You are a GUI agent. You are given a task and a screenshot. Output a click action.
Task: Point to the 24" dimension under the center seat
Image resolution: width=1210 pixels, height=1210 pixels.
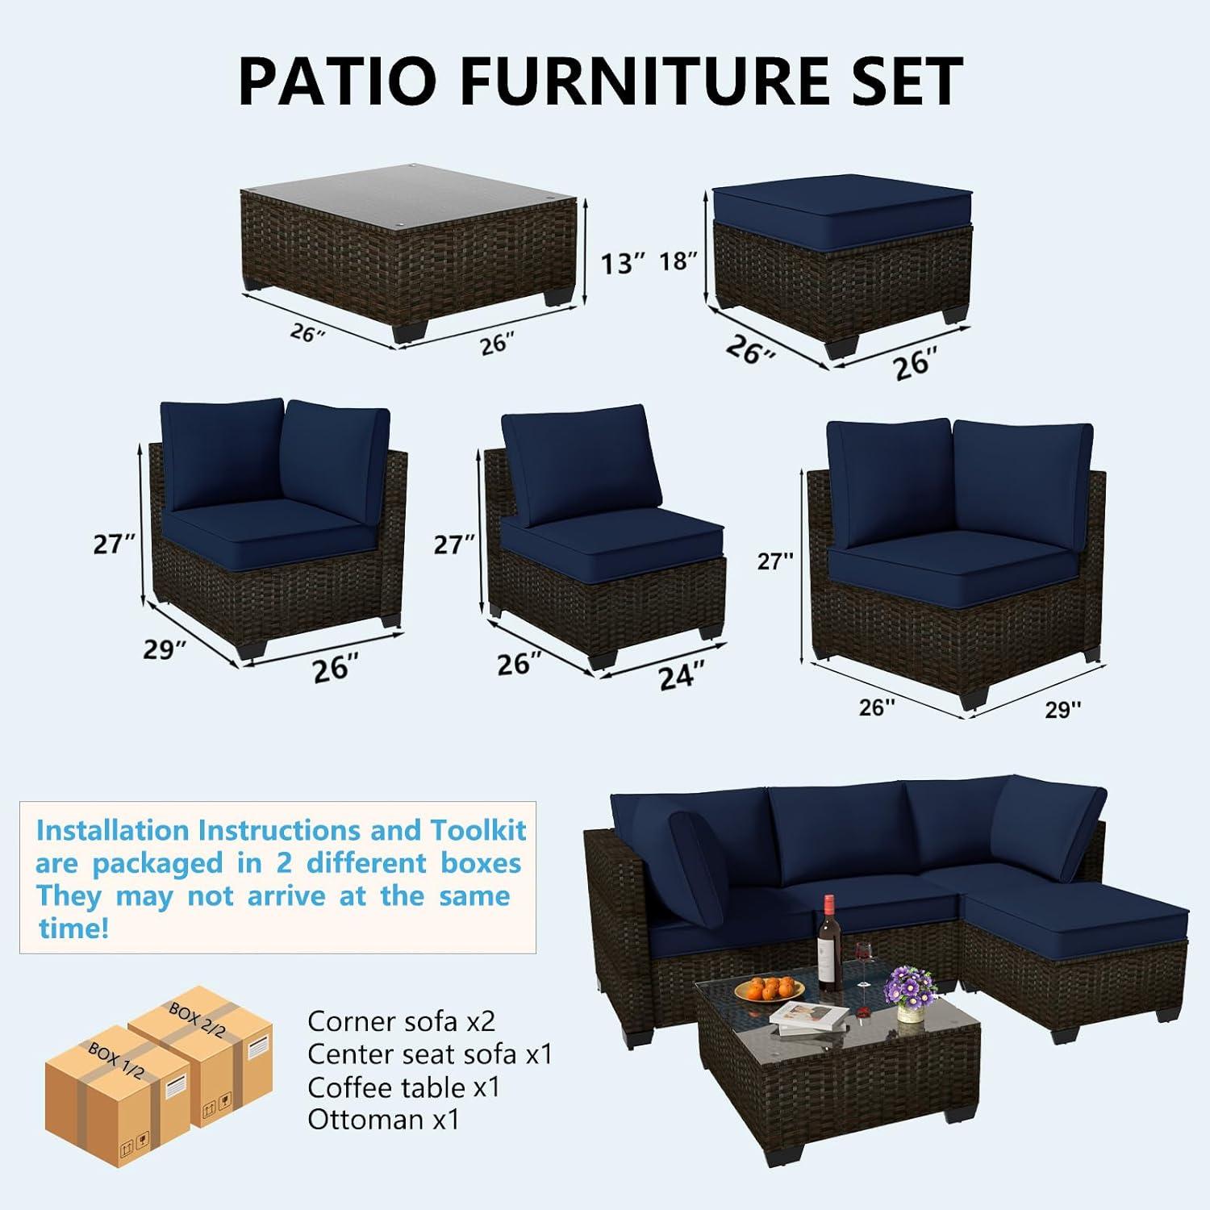coord(682,675)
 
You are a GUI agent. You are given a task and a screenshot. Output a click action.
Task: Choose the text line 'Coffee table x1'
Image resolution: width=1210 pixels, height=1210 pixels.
coord(403,1087)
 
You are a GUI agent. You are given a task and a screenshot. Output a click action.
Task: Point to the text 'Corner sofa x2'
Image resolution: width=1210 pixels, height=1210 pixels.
coord(401,1021)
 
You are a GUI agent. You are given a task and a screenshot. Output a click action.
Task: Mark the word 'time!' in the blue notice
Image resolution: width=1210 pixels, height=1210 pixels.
coord(73,928)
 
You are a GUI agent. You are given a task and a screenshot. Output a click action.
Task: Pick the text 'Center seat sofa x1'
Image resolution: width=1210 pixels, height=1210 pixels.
coord(430,1054)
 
